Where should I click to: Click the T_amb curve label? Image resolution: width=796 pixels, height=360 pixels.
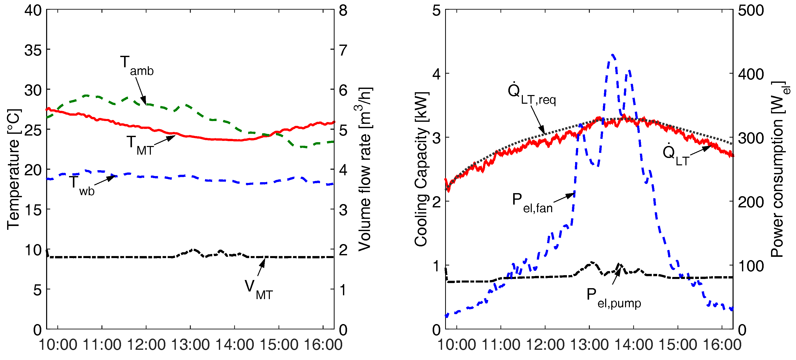coord(136,66)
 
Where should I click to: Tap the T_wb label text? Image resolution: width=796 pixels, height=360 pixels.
coord(81,185)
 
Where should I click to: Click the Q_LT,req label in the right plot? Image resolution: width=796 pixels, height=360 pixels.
coord(531,94)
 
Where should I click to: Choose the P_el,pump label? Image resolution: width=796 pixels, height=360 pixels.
coord(613,298)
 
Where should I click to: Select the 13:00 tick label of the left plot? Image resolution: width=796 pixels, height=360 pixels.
coord(190,344)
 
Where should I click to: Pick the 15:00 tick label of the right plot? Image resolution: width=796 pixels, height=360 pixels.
coord(678,344)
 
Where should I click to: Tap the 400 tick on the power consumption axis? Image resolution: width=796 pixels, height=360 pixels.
coord(751,74)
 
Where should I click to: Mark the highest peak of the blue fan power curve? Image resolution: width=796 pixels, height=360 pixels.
coord(613,55)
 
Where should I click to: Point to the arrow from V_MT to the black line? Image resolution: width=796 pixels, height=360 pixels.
coord(261,267)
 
